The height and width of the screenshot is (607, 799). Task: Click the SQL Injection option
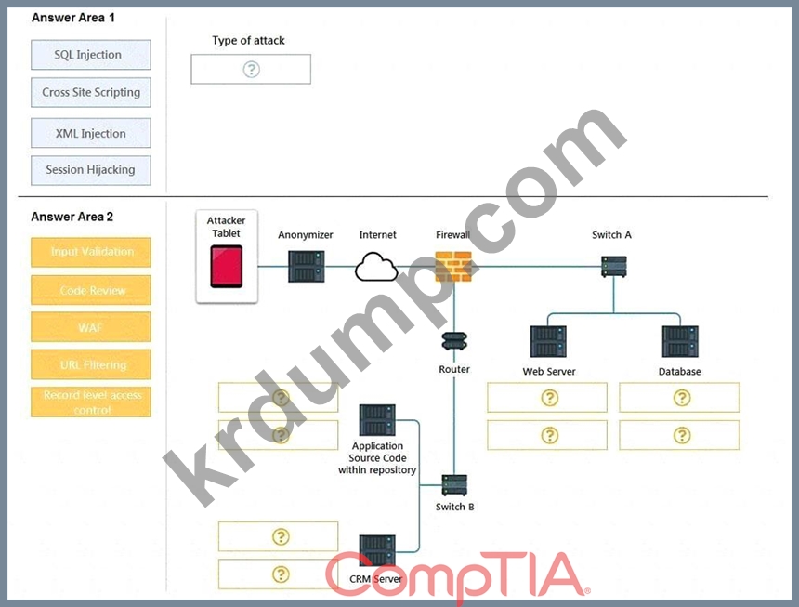pos(90,55)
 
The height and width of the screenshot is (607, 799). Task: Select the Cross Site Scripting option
pos(90,93)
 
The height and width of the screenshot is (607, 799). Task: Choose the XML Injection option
pos(90,133)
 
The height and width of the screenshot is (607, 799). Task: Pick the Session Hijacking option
pos(90,170)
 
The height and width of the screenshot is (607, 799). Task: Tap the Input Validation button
pos(91,252)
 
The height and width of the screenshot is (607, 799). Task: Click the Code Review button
pos(91,291)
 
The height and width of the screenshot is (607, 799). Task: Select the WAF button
pos(91,327)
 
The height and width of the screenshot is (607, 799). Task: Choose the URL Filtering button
pos(91,364)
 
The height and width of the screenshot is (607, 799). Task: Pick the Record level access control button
pos(91,402)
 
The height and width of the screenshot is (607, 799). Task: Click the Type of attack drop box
pos(251,70)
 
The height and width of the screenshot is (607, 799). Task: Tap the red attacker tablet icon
pos(227,266)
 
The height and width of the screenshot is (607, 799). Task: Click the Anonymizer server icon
pos(307,266)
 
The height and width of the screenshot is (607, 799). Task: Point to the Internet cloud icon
pos(377,267)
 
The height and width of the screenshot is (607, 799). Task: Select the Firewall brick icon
pos(453,267)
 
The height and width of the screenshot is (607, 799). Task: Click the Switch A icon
pos(613,267)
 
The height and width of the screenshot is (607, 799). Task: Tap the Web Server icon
pos(548,342)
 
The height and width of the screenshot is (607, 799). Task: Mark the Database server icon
pos(679,342)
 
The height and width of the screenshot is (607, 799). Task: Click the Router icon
pos(454,341)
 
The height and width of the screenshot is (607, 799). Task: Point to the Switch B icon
pos(454,484)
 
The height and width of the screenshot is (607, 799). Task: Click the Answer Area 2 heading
pos(72,217)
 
